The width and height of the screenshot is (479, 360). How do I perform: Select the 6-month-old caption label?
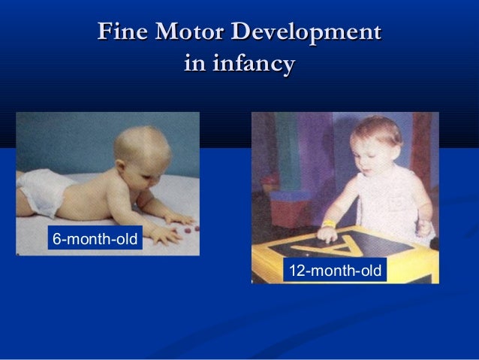click(x=94, y=240)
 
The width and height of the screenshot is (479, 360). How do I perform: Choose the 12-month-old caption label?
click(x=336, y=270)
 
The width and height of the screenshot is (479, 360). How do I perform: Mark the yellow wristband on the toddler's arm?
click(x=329, y=223)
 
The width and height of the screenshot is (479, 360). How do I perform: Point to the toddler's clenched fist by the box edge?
click(x=424, y=228)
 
